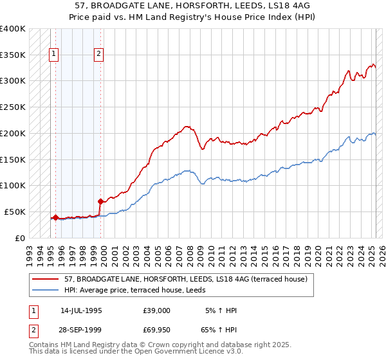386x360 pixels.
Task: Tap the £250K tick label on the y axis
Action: [x=13, y=107]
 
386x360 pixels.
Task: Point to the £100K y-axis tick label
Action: [x=13, y=185]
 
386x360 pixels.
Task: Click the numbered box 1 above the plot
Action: [x=53, y=55]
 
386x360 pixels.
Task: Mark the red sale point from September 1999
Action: [x=100, y=201]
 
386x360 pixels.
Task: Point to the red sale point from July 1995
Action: [x=56, y=217]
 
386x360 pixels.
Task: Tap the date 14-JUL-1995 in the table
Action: [x=81, y=310]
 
